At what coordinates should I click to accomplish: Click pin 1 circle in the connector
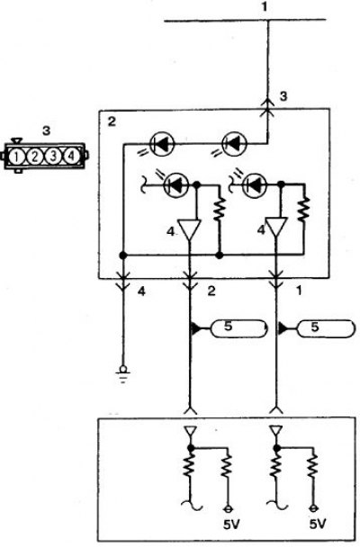[15, 157]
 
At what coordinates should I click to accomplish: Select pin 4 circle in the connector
[71, 157]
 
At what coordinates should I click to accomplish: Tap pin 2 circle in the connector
[34, 157]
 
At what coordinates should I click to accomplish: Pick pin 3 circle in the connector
[53, 157]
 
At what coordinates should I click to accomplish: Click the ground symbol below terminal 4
[123, 373]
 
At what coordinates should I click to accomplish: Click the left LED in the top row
[161, 144]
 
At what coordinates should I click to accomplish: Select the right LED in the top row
[234, 143]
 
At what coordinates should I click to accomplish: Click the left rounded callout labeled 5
[239, 328]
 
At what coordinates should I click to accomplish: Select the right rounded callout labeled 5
[325, 328]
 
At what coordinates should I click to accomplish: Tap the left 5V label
[231, 525]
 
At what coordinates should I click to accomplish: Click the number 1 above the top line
[265, 7]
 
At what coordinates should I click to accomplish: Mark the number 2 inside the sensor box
[112, 121]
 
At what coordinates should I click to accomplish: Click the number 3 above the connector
[46, 130]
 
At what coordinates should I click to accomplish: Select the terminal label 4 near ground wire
[141, 291]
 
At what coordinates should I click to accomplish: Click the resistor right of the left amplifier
[219, 209]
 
